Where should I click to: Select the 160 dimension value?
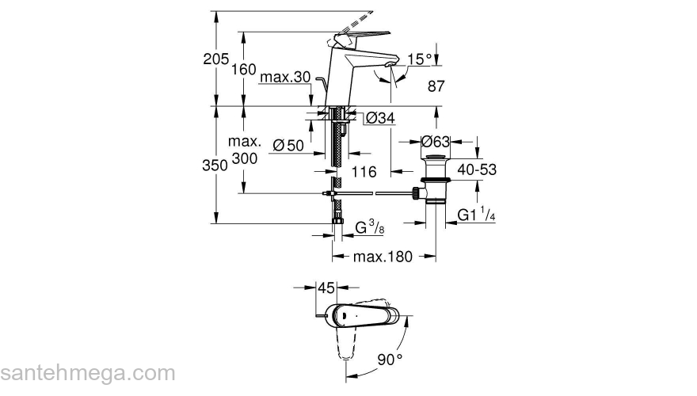tap(243, 70)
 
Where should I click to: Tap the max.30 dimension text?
tap(286, 78)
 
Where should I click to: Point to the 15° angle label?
tap(421, 59)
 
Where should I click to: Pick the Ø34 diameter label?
tap(380, 119)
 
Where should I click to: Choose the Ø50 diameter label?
tap(289, 145)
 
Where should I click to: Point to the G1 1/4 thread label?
tap(478, 215)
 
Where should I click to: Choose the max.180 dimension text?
tap(383, 257)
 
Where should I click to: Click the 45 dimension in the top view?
tap(326, 287)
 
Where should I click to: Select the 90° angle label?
tap(390, 359)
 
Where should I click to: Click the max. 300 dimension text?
tap(245, 150)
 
